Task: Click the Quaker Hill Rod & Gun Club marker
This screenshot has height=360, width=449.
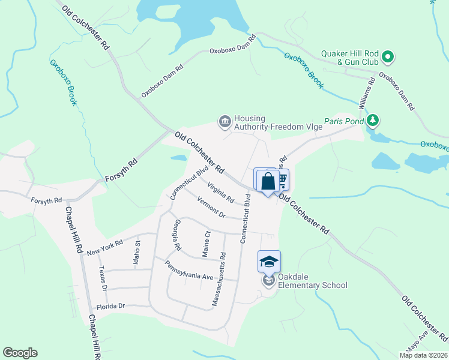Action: pos(388,58)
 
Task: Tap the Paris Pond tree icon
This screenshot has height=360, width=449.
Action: pos(373,121)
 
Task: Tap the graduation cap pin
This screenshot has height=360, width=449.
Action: pos(270,261)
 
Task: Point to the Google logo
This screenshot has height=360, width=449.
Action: pos(20,353)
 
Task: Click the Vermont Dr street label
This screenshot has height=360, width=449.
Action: pos(210,210)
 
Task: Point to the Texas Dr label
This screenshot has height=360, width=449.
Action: pos(102,279)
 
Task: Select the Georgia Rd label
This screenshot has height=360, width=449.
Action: pos(175,235)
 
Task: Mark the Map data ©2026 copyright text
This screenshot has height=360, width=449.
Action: pos(424,355)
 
